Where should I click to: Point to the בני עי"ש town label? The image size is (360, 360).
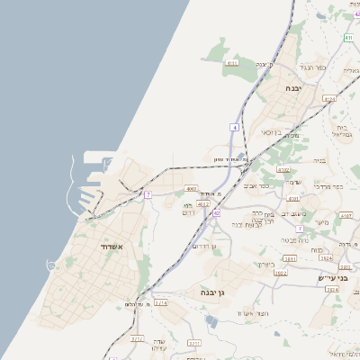tap(332, 278)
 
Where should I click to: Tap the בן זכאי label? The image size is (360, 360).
tap(272, 132)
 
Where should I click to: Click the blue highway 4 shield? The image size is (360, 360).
tap(233, 128)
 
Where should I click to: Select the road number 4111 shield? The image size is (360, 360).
tap(232, 63)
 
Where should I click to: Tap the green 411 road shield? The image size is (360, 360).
tap(347, 37)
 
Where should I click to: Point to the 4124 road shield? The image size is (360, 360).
tap(328, 99)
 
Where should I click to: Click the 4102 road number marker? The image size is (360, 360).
tap(284, 168)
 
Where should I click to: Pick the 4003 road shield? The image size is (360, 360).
tap(191, 189)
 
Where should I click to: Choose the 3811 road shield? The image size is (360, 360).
tap(317, 261)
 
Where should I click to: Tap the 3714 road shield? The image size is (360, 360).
tap(161, 303)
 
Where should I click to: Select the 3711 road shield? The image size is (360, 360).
tap(194, 343)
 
